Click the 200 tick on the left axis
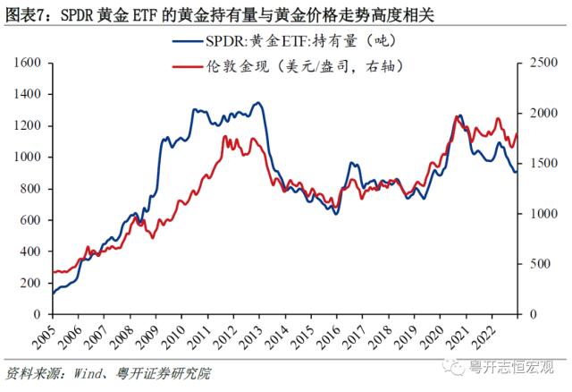click(x=34, y=284)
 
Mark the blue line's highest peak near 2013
click(x=257, y=103)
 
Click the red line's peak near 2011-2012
click(x=224, y=136)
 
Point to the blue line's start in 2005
click(x=53, y=294)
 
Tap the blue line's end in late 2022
click(x=516, y=171)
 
